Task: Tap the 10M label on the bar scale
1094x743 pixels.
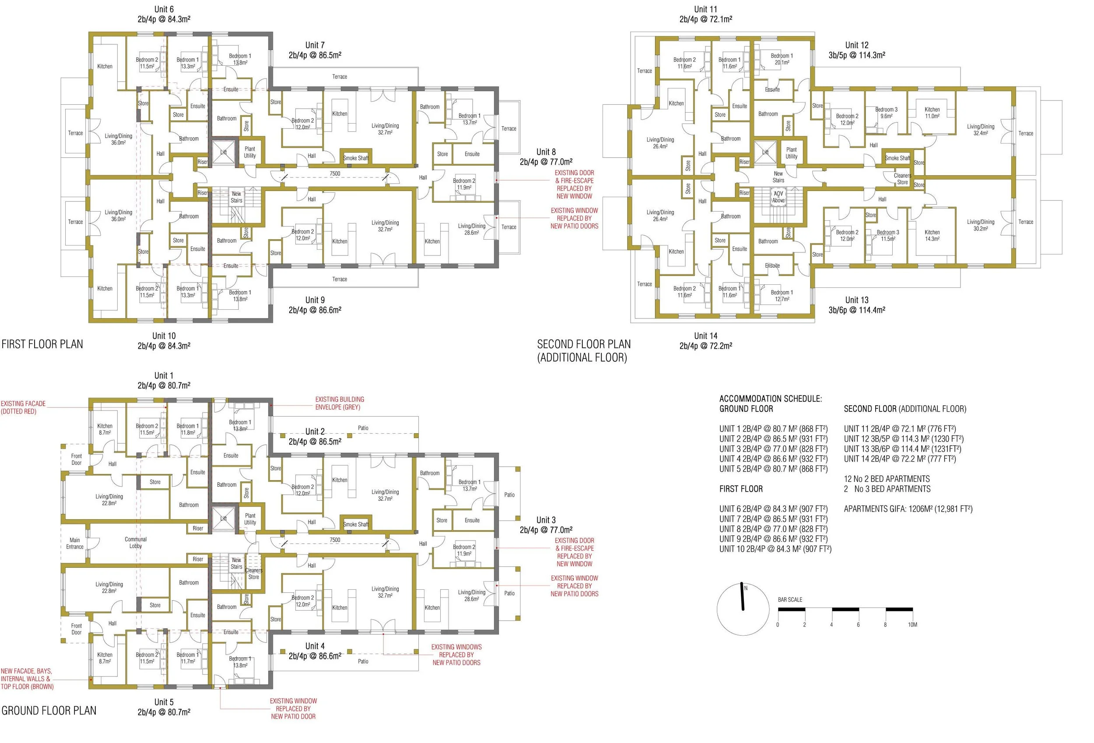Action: pyautogui.click(x=912, y=625)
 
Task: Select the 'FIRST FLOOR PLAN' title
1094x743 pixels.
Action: pyautogui.click(x=42, y=344)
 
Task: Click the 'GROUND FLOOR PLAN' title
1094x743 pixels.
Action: pyautogui.click(x=49, y=711)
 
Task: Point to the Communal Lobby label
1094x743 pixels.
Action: pyautogui.click(x=136, y=543)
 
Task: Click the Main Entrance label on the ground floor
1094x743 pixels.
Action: pyautogui.click(x=75, y=544)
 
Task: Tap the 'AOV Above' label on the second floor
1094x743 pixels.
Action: pyautogui.click(x=778, y=197)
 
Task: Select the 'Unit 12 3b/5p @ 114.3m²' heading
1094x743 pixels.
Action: pyautogui.click(x=857, y=50)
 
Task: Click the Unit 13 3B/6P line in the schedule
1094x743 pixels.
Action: pyautogui.click(x=902, y=449)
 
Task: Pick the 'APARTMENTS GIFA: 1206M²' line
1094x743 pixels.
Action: pyautogui.click(x=908, y=509)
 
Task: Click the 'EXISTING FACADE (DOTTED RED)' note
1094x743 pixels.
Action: pyautogui.click(x=23, y=407)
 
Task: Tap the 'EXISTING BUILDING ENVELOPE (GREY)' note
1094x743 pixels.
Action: pyautogui.click(x=340, y=403)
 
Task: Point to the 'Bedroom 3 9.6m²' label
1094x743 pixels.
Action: pyautogui.click(x=887, y=113)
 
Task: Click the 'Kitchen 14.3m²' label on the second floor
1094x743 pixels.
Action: pyautogui.click(x=932, y=236)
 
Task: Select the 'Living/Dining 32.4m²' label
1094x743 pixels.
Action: pyautogui.click(x=981, y=130)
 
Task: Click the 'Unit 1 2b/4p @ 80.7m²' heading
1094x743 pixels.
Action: pyautogui.click(x=164, y=381)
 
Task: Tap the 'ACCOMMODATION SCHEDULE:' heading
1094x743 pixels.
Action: pyautogui.click(x=771, y=399)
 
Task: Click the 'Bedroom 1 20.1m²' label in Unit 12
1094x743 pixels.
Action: pyautogui.click(x=782, y=59)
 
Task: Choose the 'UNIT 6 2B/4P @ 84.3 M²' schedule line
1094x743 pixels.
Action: pyautogui.click(x=773, y=509)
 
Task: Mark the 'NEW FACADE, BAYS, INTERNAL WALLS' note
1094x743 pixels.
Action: pyautogui.click(x=27, y=679)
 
